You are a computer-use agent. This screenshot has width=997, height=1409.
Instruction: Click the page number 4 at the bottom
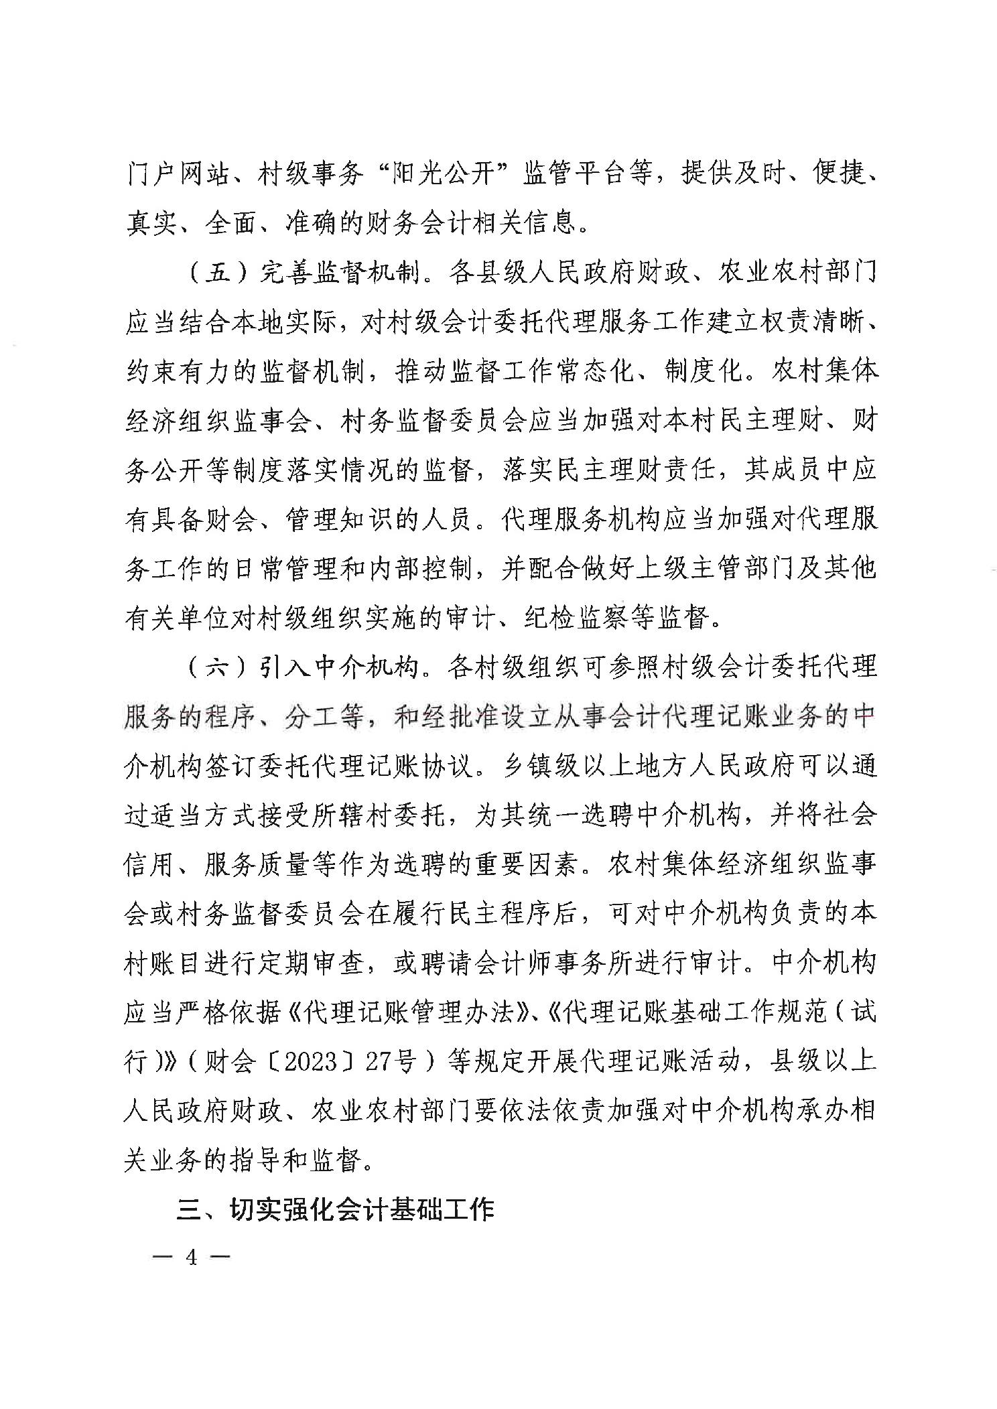(x=192, y=1258)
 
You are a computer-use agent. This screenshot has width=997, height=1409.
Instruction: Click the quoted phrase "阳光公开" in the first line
(x=443, y=176)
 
